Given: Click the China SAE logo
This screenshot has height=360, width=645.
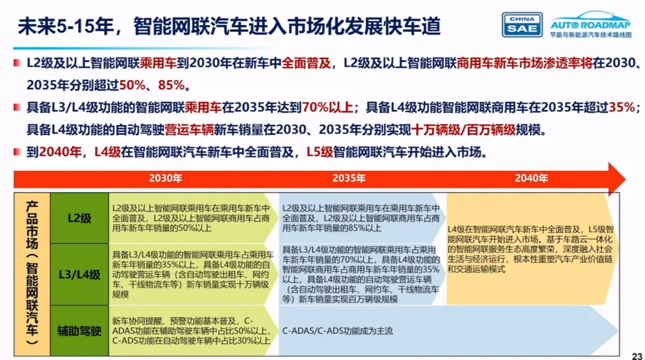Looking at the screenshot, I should pos(522,23).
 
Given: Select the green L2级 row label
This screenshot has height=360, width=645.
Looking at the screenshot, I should pos(79,218).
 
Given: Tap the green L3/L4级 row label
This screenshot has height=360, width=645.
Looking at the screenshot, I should pos(79,275).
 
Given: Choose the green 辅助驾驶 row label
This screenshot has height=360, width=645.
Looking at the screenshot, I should pos(79,331).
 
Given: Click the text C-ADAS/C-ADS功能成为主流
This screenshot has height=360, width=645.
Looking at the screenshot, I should pos(337,331).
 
